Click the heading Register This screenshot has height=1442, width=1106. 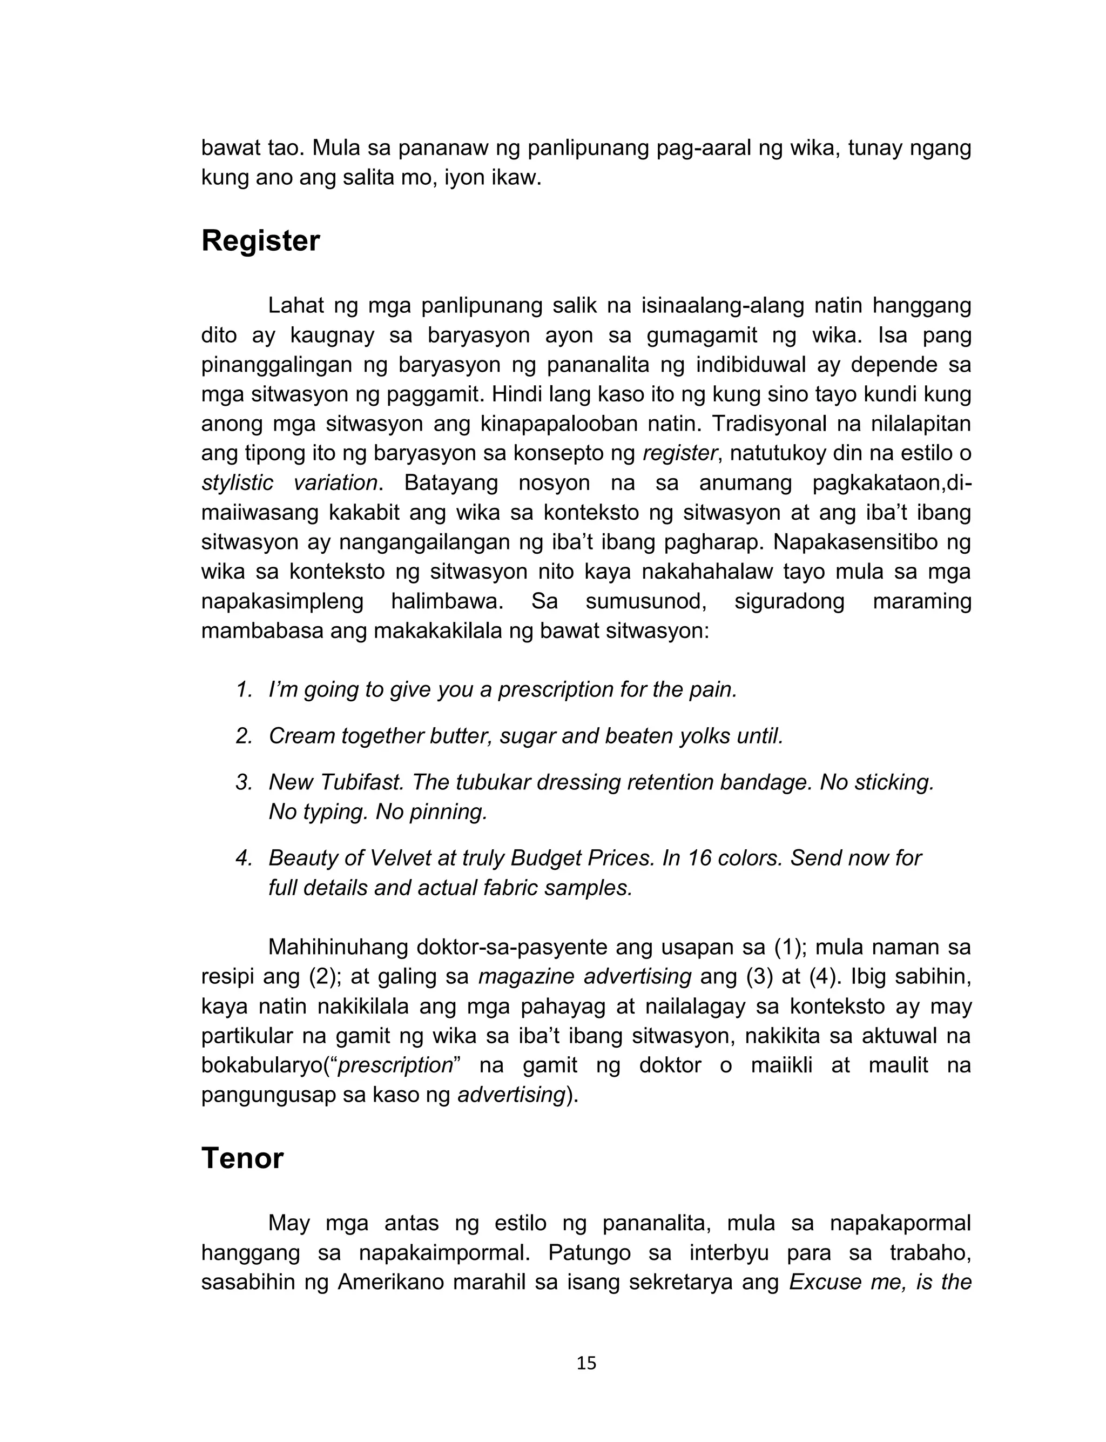pos(260,241)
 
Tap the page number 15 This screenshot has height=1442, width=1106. pos(586,1363)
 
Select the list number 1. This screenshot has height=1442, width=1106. pos(244,689)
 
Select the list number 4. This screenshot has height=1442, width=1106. pos(244,858)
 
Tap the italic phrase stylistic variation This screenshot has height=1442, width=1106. pos(289,482)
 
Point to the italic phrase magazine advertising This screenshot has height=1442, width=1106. pos(585,976)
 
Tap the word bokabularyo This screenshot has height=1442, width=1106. pos(264,1065)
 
